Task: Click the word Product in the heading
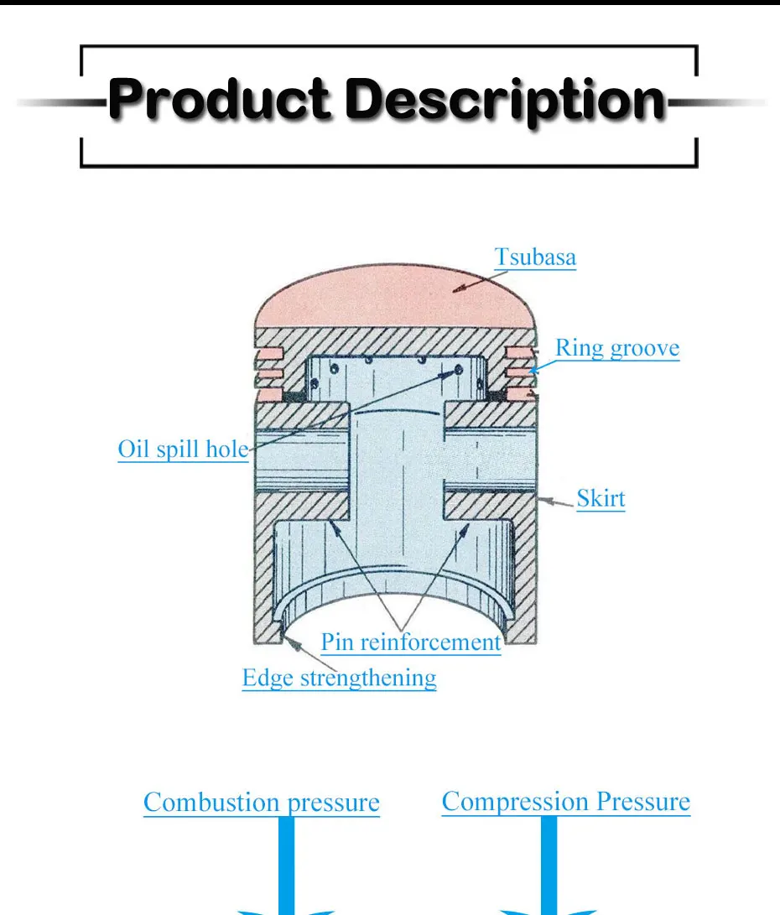tap(221, 101)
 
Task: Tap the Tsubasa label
tap(535, 256)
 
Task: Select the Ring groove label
tap(617, 347)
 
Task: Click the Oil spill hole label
tap(183, 450)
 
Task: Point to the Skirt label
tap(601, 499)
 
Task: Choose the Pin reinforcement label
tap(411, 642)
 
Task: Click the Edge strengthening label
tap(339, 677)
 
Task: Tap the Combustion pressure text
tap(261, 803)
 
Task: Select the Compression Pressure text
tap(566, 801)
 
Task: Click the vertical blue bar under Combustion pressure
tap(286, 864)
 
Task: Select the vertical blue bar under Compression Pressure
tap(549, 864)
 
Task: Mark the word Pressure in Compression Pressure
tap(643, 801)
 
